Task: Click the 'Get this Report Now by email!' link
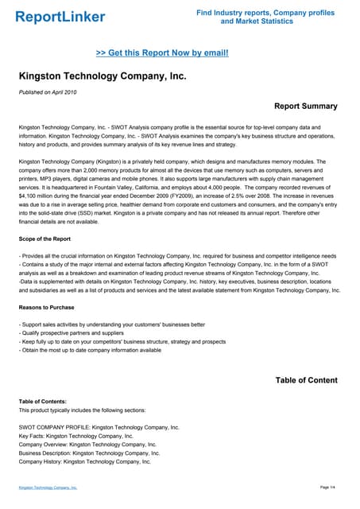point(162,52)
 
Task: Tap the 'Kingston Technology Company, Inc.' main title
point(103,76)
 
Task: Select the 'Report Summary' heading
point(305,106)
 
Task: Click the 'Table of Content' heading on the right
point(306,380)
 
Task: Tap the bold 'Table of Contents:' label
point(43,402)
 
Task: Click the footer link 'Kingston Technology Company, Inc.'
point(48,487)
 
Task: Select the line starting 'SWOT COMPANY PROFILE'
point(99,427)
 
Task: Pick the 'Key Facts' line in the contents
point(75,436)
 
